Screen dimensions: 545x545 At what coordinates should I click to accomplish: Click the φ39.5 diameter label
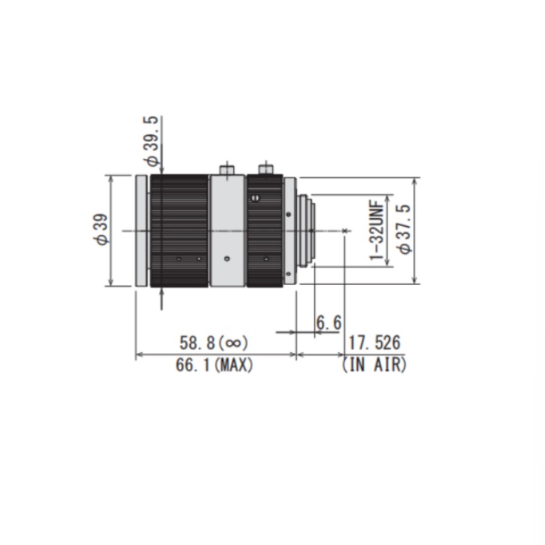point(151,141)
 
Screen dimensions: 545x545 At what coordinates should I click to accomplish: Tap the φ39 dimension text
point(101,230)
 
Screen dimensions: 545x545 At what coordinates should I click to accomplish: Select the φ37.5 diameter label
point(404,229)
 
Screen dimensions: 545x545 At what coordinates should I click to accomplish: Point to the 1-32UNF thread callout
point(377,230)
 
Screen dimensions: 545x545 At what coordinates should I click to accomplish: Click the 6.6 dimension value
point(328,323)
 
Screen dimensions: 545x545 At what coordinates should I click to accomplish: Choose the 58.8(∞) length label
point(214,343)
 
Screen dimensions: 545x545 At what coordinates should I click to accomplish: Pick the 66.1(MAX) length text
point(214,366)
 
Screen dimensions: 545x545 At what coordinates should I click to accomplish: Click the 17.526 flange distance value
point(374,343)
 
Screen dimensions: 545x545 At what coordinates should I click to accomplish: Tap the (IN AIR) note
point(374,365)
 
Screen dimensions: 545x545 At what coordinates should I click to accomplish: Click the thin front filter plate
point(142,231)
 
